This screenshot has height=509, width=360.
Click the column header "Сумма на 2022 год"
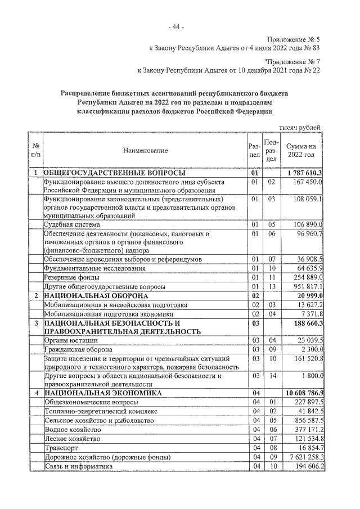(301, 150)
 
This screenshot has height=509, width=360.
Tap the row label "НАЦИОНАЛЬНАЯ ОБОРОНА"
(96, 295)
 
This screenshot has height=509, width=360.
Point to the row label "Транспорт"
(60, 448)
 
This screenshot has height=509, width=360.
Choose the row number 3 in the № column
(35, 323)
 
